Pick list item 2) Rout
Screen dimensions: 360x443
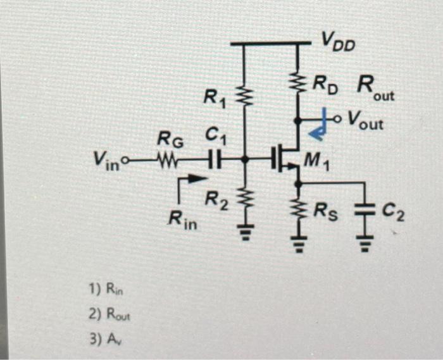point(108,314)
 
